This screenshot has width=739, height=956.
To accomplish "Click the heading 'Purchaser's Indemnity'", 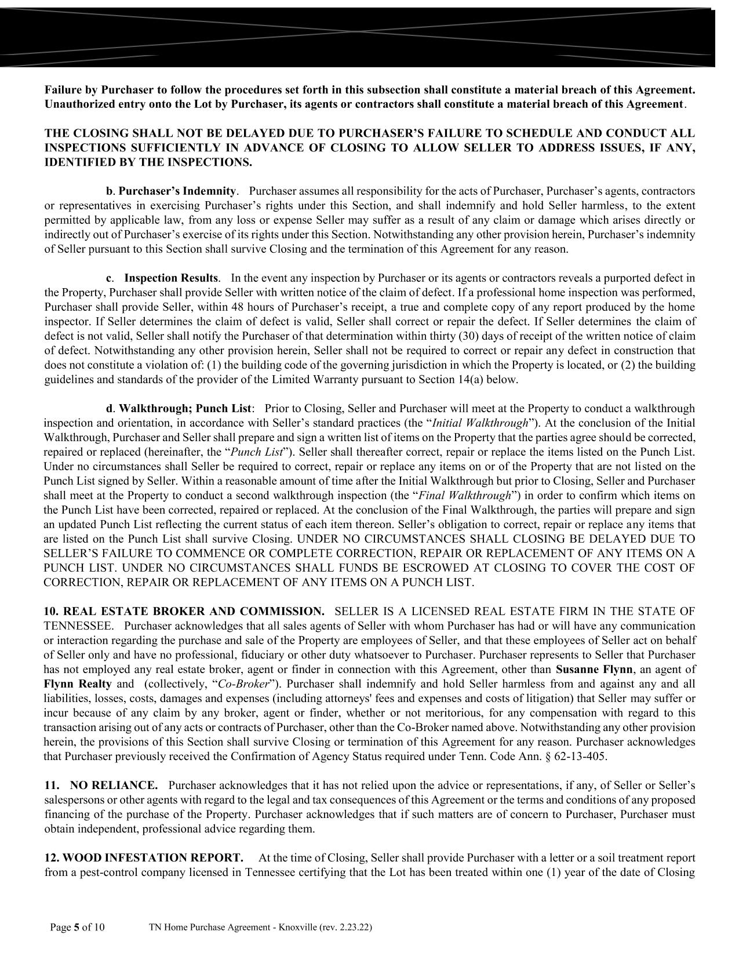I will (x=177, y=191).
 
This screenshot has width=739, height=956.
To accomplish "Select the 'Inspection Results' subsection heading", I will (x=171, y=278).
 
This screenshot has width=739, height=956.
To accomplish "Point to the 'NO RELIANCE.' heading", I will (x=114, y=785).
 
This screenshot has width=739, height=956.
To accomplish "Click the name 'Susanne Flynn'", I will (x=587, y=669).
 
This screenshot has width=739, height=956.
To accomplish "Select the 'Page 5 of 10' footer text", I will (x=78, y=927).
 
